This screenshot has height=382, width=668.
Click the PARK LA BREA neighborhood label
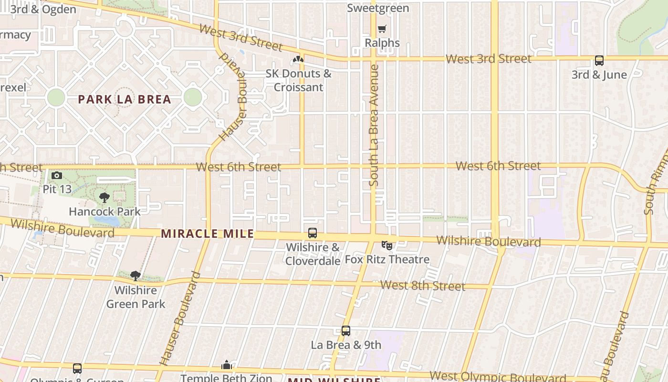(x=124, y=99)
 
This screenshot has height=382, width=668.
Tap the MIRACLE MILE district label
(x=208, y=234)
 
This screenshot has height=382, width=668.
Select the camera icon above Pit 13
(x=57, y=176)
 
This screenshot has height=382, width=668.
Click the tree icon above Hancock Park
(x=104, y=197)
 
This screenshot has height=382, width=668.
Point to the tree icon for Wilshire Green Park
(x=136, y=276)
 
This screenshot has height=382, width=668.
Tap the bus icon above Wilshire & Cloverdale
(x=313, y=233)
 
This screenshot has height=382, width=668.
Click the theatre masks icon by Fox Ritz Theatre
(x=387, y=245)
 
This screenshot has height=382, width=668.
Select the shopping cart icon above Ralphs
(x=382, y=29)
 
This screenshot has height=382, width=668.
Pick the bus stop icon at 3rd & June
(x=599, y=61)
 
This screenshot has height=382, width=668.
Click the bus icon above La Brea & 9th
(x=346, y=330)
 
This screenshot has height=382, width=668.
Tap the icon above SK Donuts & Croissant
(x=298, y=60)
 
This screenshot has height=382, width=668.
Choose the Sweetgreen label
(x=378, y=8)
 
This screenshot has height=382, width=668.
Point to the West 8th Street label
(x=422, y=286)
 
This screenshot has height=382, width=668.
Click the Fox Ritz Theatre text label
(x=387, y=260)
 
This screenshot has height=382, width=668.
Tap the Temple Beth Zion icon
(x=227, y=365)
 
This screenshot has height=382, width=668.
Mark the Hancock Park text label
(x=104, y=212)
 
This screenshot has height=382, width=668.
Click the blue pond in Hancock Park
(x=107, y=221)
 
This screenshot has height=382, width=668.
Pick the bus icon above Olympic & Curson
(x=77, y=368)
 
